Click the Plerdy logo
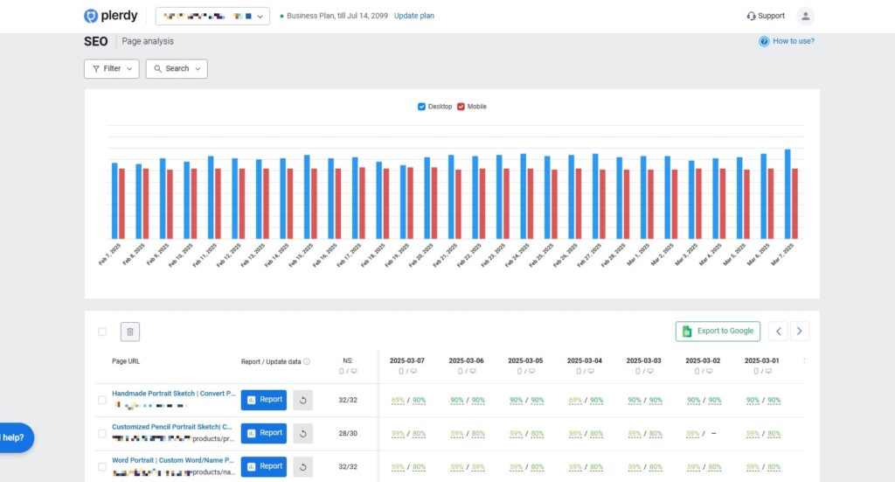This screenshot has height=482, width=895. pyautogui.click(x=110, y=16)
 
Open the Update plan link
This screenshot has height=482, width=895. pyautogui.click(x=413, y=16)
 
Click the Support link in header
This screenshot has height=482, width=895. pyautogui.click(x=766, y=16)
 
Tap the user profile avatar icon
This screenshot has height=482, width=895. pyautogui.click(x=805, y=16)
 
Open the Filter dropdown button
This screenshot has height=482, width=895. pyautogui.click(x=111, y=68)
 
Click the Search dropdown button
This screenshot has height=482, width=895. pyautogui.click(x=177, y=68)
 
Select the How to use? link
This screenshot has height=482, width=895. pyautogui.click(x=787, y=41)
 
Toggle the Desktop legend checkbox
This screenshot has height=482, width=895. pyautogui.click(x=422, y=107)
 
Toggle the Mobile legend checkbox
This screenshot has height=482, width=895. pyautogui.click(x=461, y=107)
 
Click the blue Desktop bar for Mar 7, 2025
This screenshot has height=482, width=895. pyautogui.click(x=787, y=193)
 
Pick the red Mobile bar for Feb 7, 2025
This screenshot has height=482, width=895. pyautogui.click(x=122, y=203)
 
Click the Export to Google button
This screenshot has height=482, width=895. pyautogui.click(x=718, y=332)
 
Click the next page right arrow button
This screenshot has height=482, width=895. pyautogui.click(x=800, y=332)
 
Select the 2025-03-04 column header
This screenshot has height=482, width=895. pyautogui.click(x=585, y=360)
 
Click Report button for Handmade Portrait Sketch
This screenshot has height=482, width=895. pyautogui.click(x=263, y=400)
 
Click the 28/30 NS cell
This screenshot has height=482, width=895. pyautogui.click(x=348, y=433)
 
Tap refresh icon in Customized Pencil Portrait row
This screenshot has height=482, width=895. pyautogui.click(x=302, y=433)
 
